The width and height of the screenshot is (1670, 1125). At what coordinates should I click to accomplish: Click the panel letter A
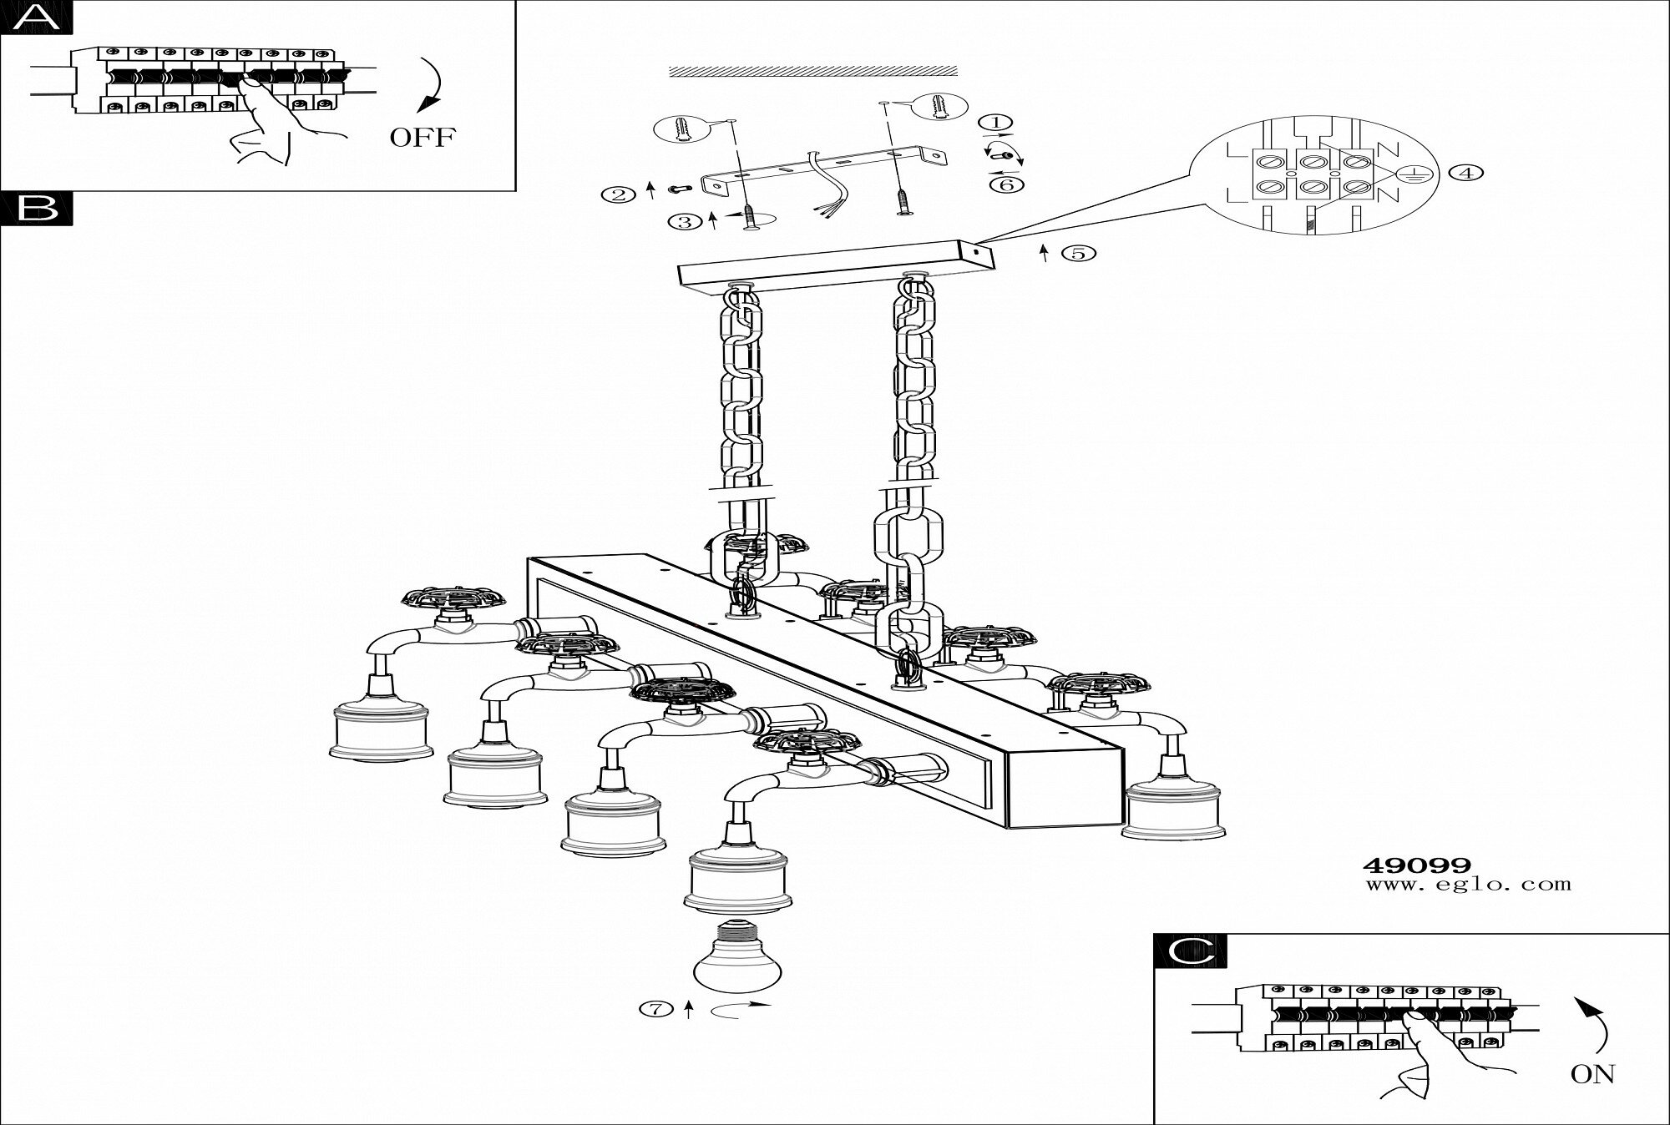click(37, 17)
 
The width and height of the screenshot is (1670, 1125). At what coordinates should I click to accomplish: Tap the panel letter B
click(37, 209)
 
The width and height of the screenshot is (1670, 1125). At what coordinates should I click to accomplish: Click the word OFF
click(423, 137)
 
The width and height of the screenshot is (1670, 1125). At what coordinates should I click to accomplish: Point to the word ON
click(1592, 1074)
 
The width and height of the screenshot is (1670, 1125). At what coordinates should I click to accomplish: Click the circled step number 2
click(618, 195)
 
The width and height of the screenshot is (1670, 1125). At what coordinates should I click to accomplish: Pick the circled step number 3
click(685, 221)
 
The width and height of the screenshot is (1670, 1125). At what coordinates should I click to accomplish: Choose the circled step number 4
click(1466, 173)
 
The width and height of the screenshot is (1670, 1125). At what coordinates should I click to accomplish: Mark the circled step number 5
click(1078, 253)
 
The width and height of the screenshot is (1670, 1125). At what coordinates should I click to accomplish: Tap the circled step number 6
click(1007, 184)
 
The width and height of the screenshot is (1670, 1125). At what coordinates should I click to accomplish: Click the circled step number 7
click(655, 1010)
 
